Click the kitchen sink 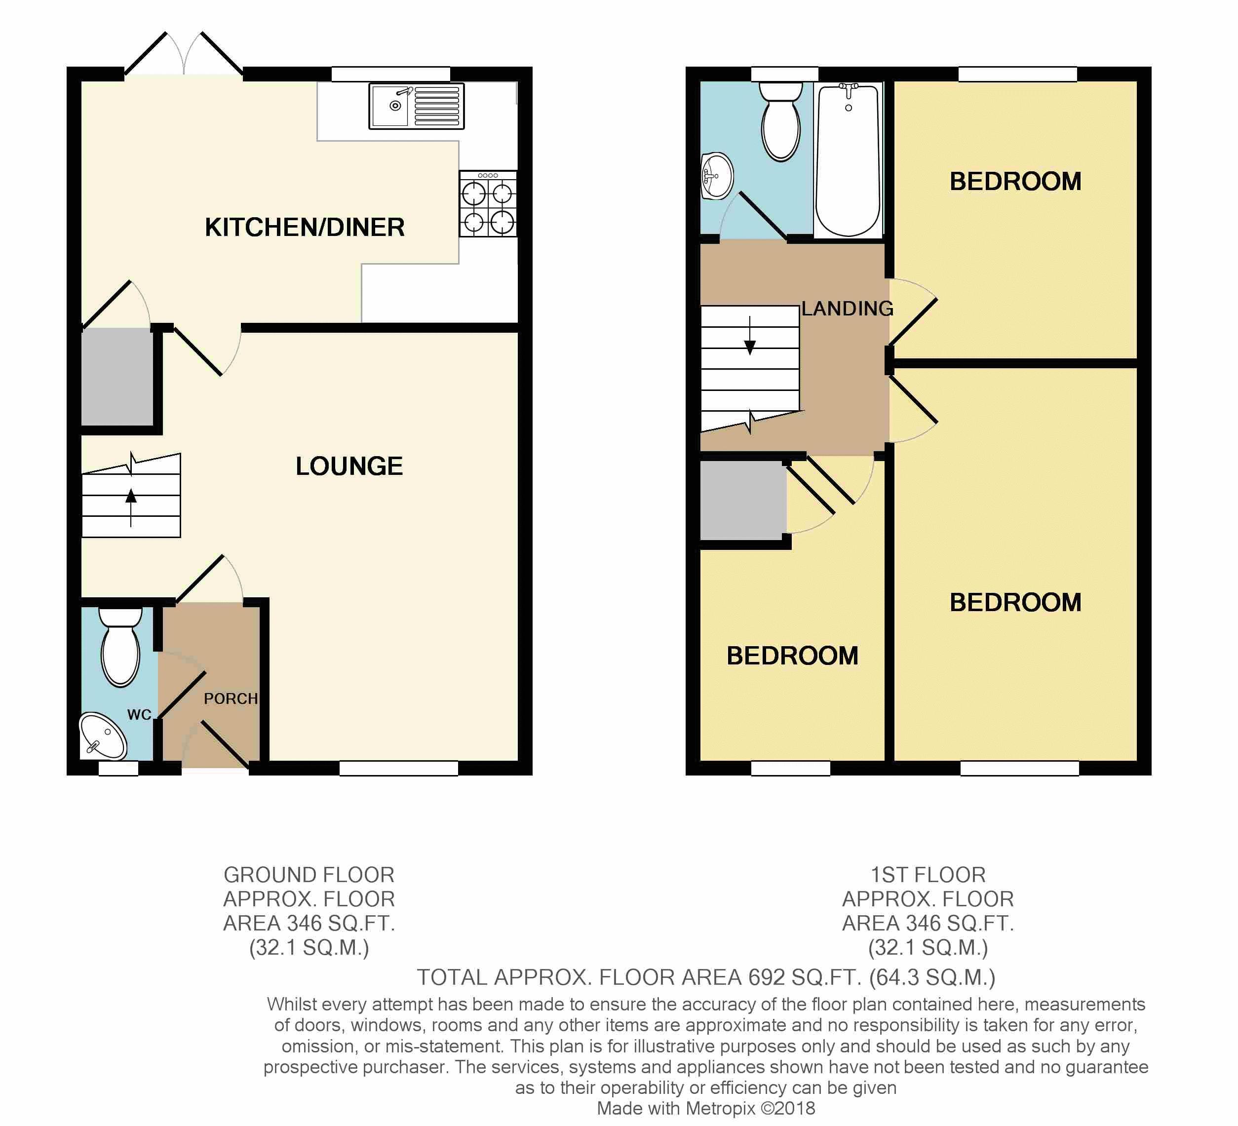(x=416, y=106)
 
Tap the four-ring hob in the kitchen (x=488, y=204)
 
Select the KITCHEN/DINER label (x=305, y=228)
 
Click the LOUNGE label (x=349, y=466)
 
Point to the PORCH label (x=231, y=699)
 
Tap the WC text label (x=139, y=715)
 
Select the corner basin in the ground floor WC (x=103, y=737)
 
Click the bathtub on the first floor (x=848, y=159)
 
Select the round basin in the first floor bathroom (x=717, y=176)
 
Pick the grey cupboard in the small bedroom (x=742, y=501)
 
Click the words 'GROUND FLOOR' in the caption (x=309, y=874)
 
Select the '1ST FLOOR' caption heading (x=928, y=874)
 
